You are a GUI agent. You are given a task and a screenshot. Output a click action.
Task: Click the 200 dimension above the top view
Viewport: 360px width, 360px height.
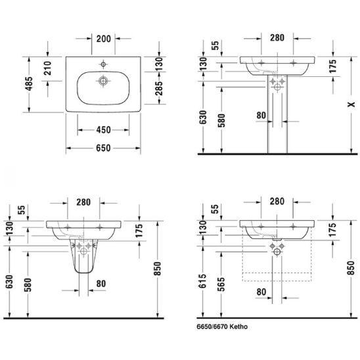(103, 39)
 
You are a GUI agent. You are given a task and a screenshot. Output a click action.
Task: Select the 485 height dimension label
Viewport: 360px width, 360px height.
(29, 84)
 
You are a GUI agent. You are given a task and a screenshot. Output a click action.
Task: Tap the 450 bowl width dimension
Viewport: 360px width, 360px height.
(103, 130)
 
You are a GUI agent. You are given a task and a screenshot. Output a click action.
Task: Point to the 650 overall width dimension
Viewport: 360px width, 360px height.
(103, 148)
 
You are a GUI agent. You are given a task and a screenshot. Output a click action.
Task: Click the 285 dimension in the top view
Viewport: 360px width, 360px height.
(159, 89)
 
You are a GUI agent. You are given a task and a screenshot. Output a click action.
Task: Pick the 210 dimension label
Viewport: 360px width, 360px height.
(48, 68)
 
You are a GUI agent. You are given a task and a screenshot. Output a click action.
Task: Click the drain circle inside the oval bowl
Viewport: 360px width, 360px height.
(103, 81)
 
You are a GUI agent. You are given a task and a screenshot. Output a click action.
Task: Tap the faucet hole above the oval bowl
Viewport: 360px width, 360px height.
(103, 64)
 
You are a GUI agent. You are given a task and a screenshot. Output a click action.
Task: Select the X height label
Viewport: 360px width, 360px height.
(351, 104)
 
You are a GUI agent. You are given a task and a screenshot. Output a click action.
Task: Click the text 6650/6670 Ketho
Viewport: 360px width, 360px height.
(222, 326)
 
